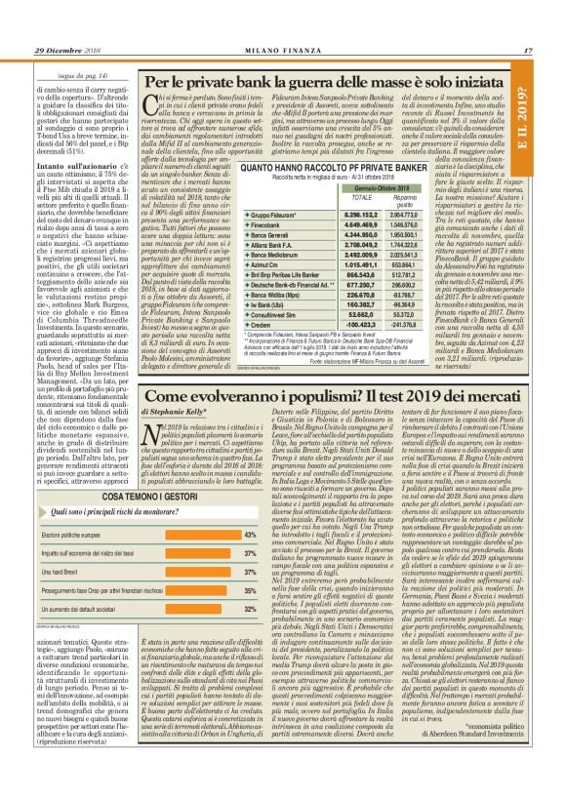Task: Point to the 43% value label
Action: pos(249,534)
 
